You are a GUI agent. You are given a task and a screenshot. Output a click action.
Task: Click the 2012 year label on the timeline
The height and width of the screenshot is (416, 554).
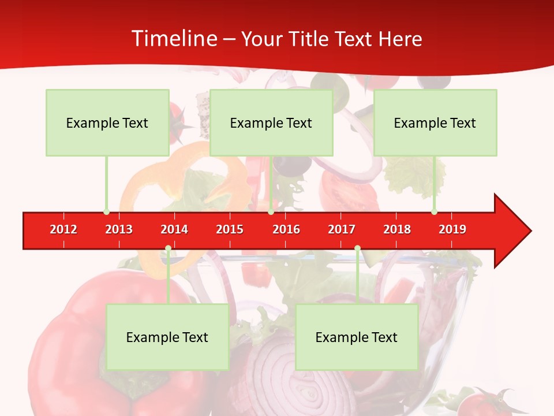pyautogui.click(x=63, y=229)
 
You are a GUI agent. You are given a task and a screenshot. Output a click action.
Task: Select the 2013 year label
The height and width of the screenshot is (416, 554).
pyautogui.click(x=119, y=229)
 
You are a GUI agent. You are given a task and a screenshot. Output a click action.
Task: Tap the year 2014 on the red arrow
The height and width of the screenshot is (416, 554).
pyautogui.click(x=174, y=229)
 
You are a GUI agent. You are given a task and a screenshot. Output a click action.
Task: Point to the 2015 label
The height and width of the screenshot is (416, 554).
pyautogui.click(x=230, y=229)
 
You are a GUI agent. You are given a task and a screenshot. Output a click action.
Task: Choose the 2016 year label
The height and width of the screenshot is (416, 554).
pyautogui.click(x=286, y=229)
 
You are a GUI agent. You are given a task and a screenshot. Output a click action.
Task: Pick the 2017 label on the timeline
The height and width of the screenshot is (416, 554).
pyautogui.click(x=342, y=229)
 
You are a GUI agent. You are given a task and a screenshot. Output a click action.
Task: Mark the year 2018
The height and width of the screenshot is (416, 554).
pyautogui.click(x=397, y=229)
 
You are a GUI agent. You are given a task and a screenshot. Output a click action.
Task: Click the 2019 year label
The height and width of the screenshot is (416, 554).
pyautogui.click(x=452, y=229)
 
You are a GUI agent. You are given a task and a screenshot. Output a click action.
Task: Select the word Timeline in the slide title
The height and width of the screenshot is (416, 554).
pyautogui.click(x=173, y=39)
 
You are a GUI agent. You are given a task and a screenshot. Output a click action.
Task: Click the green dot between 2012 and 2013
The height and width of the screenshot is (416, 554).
pyautogui.click(x=106, y=211)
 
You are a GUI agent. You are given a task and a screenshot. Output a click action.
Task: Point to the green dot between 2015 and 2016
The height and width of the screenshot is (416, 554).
pyautogui.click(x=271, y=211)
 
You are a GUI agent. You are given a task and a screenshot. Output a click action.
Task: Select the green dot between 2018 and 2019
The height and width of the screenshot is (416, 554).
pyautogui.click(x=434, y=211)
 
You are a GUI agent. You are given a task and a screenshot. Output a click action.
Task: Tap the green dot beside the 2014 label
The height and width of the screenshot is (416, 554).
pyautogui.click(x=168, y=248)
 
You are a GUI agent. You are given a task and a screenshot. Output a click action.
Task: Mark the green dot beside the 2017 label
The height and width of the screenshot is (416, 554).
pyautogui.click(x=357, y=248)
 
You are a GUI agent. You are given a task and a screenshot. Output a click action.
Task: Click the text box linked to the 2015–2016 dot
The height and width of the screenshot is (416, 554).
pyautogui.click(x=271, y=122)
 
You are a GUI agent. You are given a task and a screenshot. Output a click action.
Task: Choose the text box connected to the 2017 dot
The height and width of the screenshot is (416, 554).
pyautogui.click(x=357, y=337)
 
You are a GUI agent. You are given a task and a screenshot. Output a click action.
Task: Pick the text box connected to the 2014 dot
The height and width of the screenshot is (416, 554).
pyautogui.click(x=167, y=337)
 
